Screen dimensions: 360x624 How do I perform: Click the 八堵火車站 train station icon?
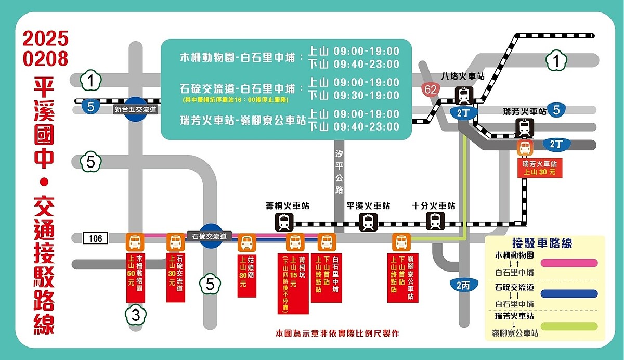pyautogui.click(x=464, y=96)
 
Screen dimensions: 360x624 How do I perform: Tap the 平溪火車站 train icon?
pyautogui.click(x=368, y=222)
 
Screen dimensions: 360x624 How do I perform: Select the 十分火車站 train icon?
pyautogui.click(x=436, y=221)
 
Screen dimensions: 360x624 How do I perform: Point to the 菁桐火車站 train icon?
pyautogui.click(x=284, y=222)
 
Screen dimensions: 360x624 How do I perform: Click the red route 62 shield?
pyautogui.click(x=431, y=89)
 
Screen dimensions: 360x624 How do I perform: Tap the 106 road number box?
pyautogui.click(x=95, y=238)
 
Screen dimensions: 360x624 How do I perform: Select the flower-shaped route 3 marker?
pyautogui.click(x=135, y=315)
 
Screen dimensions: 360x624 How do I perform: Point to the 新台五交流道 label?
pyautogui.click(x=135, y=110)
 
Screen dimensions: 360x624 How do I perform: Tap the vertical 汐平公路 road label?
pyautogui.click(x=339, y=171)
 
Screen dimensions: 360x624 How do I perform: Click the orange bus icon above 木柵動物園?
pyautogui.click(x=135, y=242)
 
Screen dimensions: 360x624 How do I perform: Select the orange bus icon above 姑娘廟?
pyautogui.click(x=246, y=243)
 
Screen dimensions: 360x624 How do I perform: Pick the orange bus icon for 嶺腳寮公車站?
pyautogui.click(x=401, y=242)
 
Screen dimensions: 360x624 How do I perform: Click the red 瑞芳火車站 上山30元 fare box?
pyautogui.click(x=539, y=168)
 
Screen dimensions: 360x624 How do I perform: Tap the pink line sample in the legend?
pyautogui.click(x=569, y=263)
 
